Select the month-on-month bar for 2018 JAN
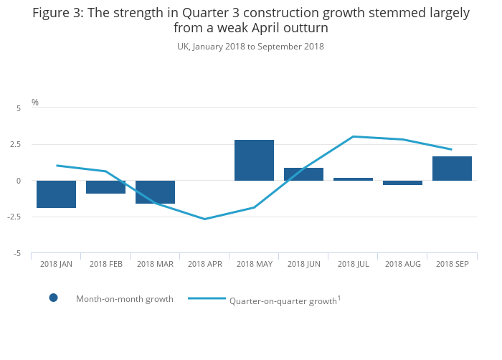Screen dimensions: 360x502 pos(57,194)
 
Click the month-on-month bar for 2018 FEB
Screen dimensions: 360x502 pos(106,187)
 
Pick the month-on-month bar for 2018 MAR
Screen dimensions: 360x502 pos(156,192)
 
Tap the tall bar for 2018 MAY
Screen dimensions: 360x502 pos(255,161)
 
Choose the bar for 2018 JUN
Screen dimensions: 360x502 pos(304,174)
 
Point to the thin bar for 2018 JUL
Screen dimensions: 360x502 pos(354,179)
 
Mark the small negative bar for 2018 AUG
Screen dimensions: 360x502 pos(402,183)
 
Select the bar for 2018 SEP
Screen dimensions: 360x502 pos(452,169)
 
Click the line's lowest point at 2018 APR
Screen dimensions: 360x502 pos(205,219)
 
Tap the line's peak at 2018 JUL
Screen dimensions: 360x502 pos(354,136)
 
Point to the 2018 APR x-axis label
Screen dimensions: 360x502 pos(205,265)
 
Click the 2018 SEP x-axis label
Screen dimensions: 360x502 pos(452,265)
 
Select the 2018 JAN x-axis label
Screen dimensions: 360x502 pos(57,265)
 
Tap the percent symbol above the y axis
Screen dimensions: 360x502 pos(35,103)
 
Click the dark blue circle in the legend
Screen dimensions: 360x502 pos(53,298)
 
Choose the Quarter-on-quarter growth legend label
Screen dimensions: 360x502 pos(283,301)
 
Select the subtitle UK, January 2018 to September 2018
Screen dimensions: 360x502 pos(250,47)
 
